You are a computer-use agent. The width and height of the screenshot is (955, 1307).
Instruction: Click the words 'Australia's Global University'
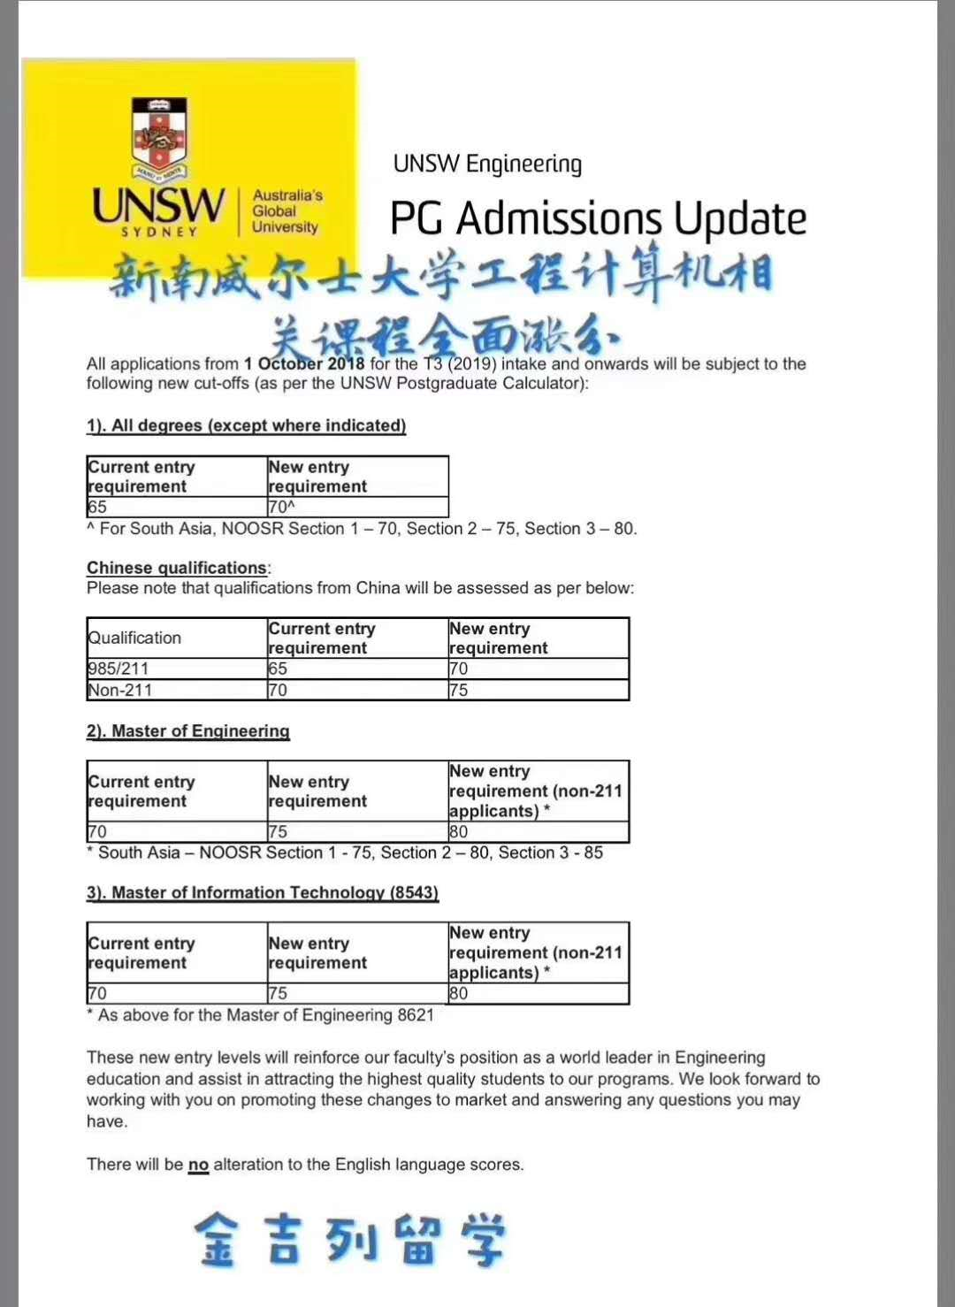click(x=286, y=211)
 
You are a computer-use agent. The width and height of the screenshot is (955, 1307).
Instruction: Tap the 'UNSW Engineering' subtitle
click(x=487, y=164)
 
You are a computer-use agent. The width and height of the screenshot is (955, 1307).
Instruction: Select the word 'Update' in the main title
click(x=739, y=219)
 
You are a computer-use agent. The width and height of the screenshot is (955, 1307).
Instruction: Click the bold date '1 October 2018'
click(x=304, y=363)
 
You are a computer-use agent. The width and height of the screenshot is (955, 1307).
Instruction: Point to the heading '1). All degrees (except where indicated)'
click(x=246, y=425)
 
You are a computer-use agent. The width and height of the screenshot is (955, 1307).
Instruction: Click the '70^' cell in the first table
click(x=281, y=507)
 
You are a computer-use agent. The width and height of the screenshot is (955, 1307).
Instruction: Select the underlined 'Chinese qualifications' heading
click(x=176, y=568)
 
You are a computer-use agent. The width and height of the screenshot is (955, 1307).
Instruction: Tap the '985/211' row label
click(x=118, y=669)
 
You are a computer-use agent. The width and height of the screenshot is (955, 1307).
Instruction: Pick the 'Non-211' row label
click(x=120, y=690)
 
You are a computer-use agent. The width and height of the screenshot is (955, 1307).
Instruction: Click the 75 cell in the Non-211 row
click(x=459, y=690)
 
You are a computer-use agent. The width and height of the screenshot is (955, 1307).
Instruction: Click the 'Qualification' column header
click(x=134, y=638)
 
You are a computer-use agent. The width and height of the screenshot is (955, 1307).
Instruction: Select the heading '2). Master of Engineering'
click(x=187, y=731)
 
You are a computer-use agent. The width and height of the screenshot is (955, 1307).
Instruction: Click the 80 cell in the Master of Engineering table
click(x=459, y=831)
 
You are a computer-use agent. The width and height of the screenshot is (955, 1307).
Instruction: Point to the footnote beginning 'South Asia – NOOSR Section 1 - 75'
click(x=349, y=852)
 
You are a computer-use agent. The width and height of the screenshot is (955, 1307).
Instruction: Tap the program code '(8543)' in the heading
click(x=414, y=892)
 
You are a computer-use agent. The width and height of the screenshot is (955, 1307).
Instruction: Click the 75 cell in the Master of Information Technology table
click(x=278, y=993)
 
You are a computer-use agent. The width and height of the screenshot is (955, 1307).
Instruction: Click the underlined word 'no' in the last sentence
click(x=198, y=1165)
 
